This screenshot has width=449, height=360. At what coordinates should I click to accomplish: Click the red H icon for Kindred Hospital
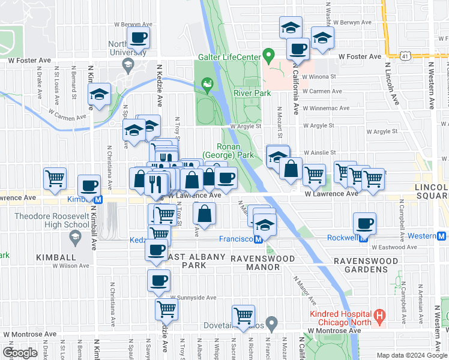click(x=379, y=314)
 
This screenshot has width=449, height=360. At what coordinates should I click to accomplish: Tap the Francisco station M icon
click(x=258, y=238)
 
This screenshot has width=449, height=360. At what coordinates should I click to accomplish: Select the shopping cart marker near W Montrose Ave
click(x=244, y=316)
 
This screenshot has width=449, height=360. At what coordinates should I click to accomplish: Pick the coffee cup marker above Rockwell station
click(x=365, y=224)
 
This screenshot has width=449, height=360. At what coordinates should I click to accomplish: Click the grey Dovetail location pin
click(x=272, y=324)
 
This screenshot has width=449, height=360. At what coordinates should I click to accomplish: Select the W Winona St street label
click(x=319, y=77)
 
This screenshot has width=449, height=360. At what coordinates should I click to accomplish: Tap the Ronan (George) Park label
click(x=229, y=151)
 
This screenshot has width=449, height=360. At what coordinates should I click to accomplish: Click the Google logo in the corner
click(x=20, y=352)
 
